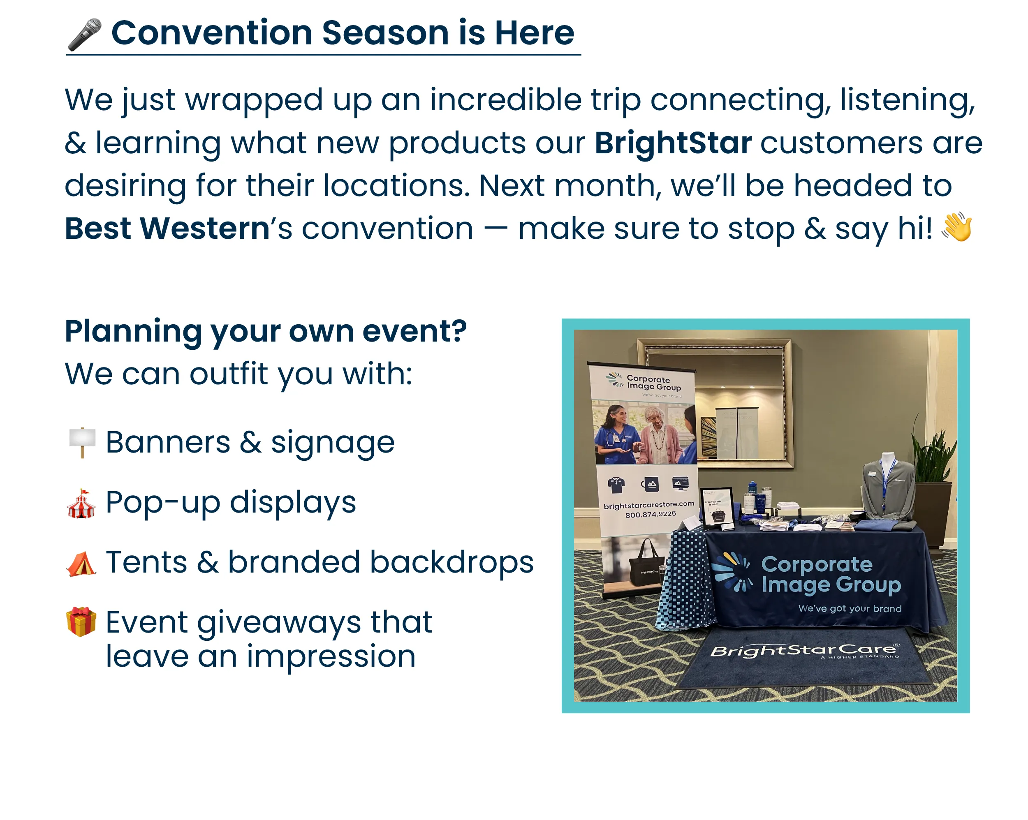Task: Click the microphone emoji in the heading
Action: tap(84, 35)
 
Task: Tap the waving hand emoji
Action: tap(956, 227)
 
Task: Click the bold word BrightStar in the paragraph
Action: tap(673, 143)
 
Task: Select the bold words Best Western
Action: tap(167, 229)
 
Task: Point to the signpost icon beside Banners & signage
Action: tap(82, 442)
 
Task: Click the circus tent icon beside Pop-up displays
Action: tap(81, 503)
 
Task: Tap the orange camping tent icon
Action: tap(81, 564)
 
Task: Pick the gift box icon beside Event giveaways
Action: tap(81, 621)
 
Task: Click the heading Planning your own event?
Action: tap(266, 331)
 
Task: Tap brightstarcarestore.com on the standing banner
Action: tap(648, 504)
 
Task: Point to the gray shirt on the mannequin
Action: tap(888, 491)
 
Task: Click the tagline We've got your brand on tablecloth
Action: tap(850, 609)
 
